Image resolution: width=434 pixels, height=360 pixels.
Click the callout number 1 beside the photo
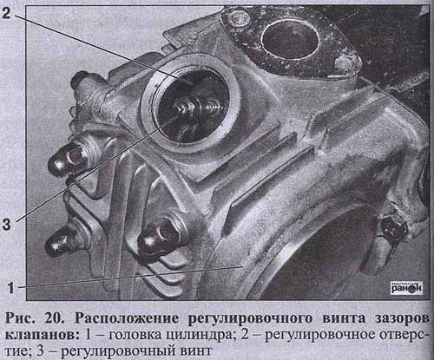[10, 287]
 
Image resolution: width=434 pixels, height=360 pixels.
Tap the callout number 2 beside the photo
[6, 13]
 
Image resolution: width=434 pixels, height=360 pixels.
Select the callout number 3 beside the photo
[7, 223]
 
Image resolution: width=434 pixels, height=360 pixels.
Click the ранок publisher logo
[406, 288]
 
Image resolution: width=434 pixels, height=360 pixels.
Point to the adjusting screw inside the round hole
[185, 109]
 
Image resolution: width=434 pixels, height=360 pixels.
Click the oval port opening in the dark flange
[290, 39]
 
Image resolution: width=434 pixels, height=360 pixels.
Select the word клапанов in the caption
[42, 335]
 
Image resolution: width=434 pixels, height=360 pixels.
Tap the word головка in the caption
[135, 335]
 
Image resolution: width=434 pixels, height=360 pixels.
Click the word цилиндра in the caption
[200, 336]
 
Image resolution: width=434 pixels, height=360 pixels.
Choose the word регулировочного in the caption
[250, 318]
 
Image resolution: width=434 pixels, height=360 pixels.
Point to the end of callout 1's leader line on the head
[242, 266]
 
